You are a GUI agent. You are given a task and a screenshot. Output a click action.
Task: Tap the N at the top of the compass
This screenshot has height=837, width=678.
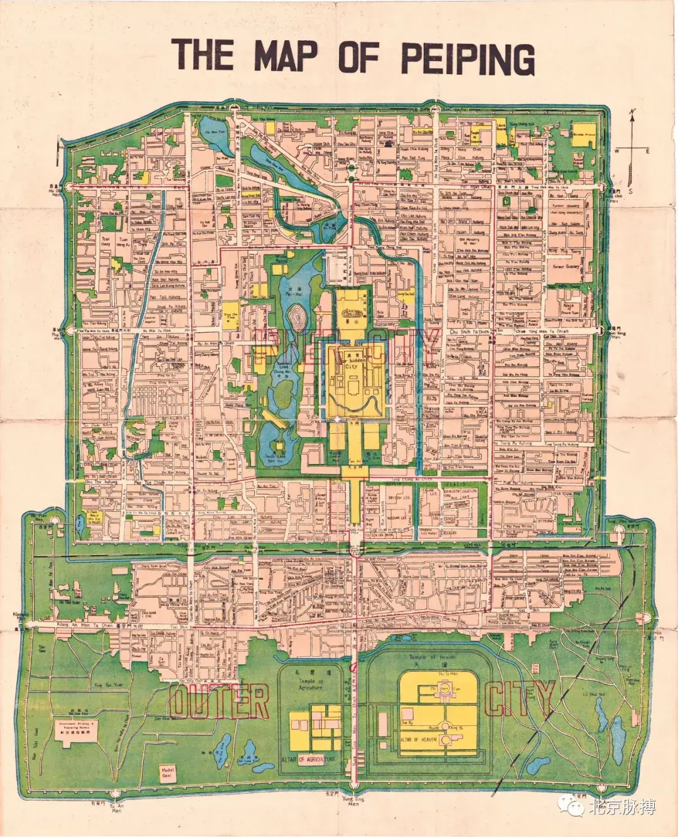[x=633, y=112]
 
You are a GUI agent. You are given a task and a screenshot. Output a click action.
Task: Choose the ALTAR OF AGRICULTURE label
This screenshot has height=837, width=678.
[x=308, y=759]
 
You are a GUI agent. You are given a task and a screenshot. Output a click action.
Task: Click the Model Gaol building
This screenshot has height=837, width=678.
[x=168, y=772]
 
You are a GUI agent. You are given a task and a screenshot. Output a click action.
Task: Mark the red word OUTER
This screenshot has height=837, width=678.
[x=218, y=701]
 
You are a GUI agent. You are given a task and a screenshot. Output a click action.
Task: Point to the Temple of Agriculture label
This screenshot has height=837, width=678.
[x=310, y=683]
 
